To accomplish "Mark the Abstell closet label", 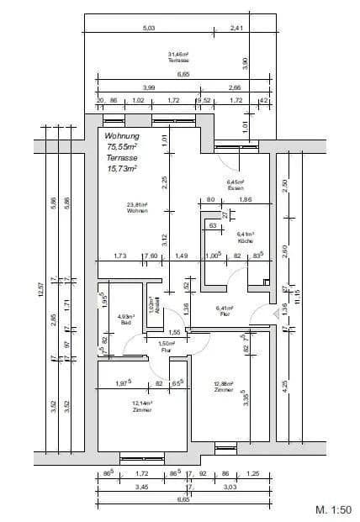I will point(152,303).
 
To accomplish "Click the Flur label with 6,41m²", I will point(224,310).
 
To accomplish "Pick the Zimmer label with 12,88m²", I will point(223,387).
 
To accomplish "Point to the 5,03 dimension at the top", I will point(149,29).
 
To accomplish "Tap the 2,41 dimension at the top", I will point(236,29).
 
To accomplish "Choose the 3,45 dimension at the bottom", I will point(119,487).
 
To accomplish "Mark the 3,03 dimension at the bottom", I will point(230,487).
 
